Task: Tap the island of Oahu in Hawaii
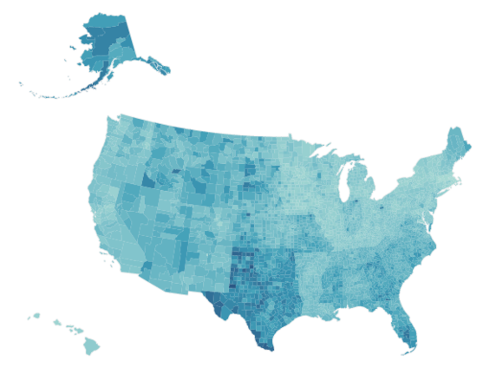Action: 57,323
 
